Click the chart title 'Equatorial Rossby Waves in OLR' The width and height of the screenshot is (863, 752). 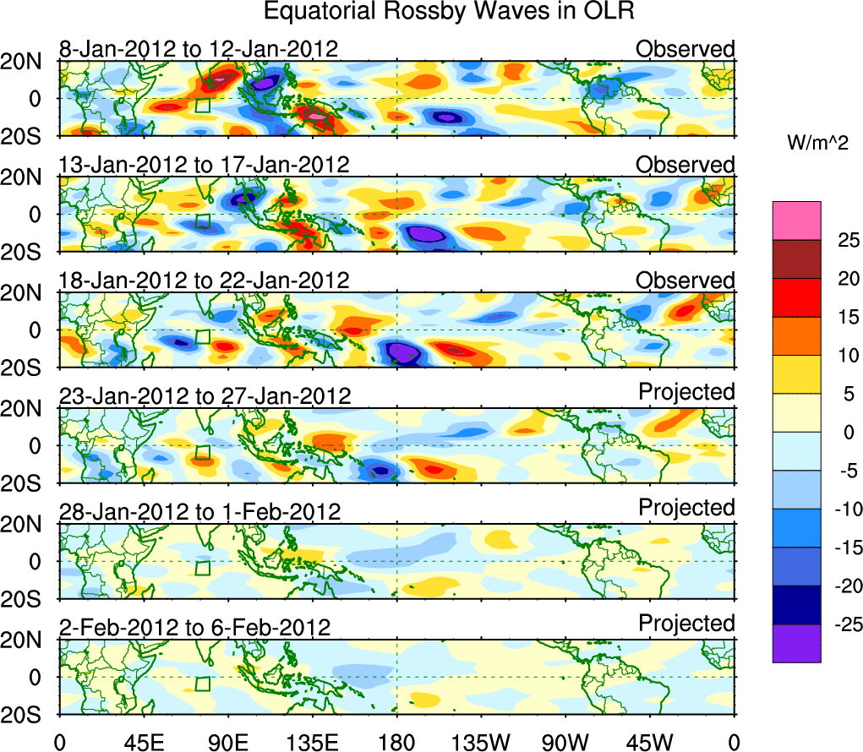(x=449, y=12)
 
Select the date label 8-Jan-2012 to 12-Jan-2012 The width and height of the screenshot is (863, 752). (x=199, y=49)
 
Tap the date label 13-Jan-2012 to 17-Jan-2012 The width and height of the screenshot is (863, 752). (x=204, y=164)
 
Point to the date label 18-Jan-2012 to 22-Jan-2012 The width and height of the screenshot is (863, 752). (x=204, y=280)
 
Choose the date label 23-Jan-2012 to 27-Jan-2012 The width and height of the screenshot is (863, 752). (x=204, y=395)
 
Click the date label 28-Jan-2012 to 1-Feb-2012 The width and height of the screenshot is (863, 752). (x=199, y=511)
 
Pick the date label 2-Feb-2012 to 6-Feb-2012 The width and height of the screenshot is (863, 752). (x=194, y=627)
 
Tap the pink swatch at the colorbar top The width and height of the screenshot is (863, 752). (x=796, y=221)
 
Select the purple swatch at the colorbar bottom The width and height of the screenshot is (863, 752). (x=796, y=643)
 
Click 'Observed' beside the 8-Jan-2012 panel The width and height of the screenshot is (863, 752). (x=685, y=49)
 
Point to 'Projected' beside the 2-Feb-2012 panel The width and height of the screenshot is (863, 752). (x=686, y=624)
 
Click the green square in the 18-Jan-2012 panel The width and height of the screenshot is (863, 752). (x=202, y=336)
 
